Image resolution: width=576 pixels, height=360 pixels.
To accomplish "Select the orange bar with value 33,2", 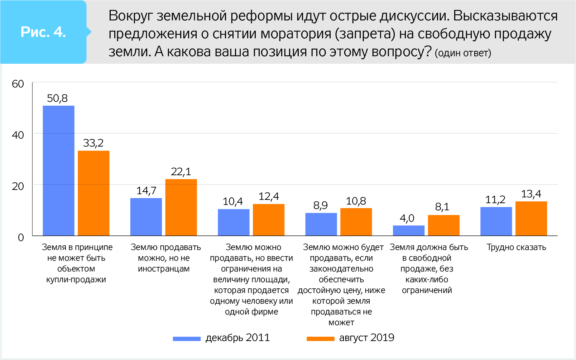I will [x=93, y=193].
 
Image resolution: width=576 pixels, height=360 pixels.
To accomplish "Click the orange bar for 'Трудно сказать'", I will [x=531, y=219].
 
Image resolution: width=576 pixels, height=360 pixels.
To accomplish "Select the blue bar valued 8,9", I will [x=321, y=224].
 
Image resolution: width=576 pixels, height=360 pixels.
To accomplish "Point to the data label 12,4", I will [x=269, y=196].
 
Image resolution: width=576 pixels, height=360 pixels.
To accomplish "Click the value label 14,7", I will [x=146, y=191].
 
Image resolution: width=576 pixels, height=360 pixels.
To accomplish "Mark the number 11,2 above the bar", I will [x=495, y=200].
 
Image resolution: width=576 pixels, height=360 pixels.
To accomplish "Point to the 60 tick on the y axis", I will [x=18, y=84].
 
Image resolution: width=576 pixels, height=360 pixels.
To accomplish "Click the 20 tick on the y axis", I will [x=18, y=186].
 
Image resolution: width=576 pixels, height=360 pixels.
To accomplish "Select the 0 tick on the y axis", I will [x=21, y=237].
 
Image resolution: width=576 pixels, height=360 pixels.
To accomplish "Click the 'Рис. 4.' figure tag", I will [x=43, y=32].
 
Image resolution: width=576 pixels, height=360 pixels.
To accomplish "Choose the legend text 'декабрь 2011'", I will [x=237, y=337].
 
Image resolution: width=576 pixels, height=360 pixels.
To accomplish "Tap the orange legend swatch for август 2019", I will [x=320, y=339].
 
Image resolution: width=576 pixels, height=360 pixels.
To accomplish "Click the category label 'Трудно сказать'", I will [x=516, y=247].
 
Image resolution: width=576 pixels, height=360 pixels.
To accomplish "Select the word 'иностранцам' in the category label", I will [x=164, y=269].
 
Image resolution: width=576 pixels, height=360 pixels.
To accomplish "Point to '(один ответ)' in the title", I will [x=463, y=53].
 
